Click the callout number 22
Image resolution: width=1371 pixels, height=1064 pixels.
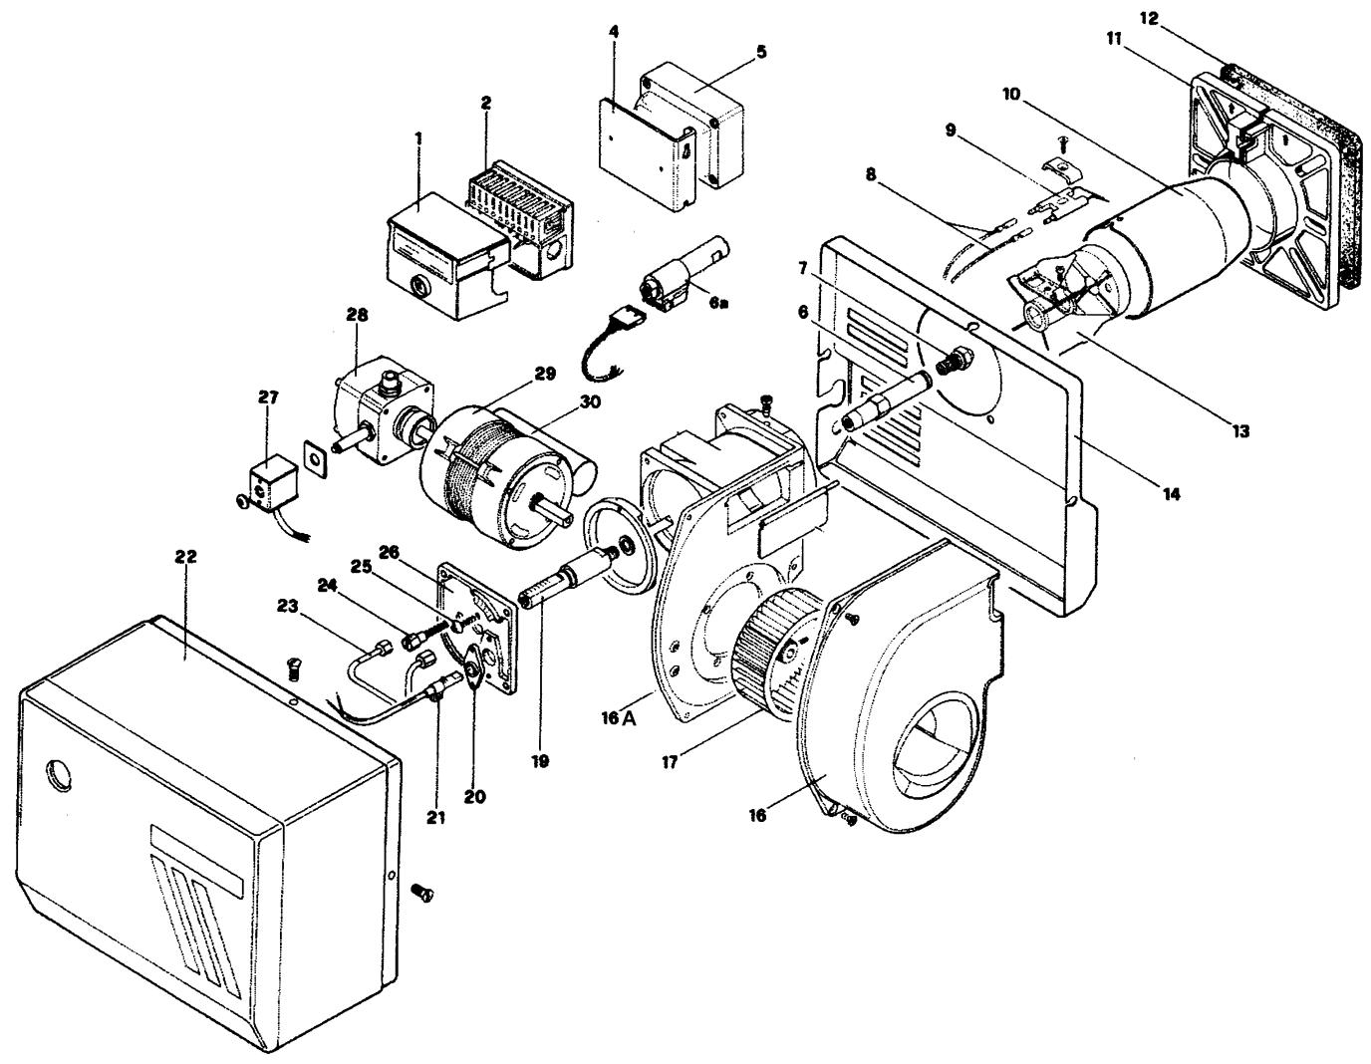(185, 557)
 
